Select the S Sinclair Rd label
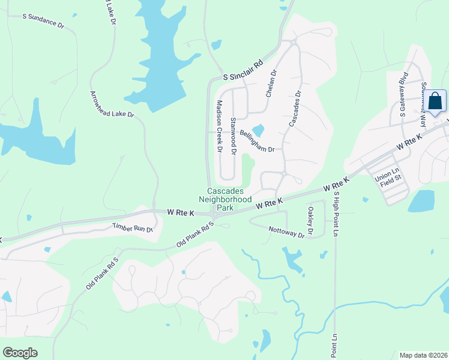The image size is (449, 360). (243, 70)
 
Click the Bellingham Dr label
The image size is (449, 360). (256, 141)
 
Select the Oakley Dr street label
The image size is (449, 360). (311, 220)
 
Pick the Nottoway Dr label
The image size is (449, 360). (287, 232)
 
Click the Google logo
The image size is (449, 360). (20, 353)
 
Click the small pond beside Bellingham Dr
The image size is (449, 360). (259, 130)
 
